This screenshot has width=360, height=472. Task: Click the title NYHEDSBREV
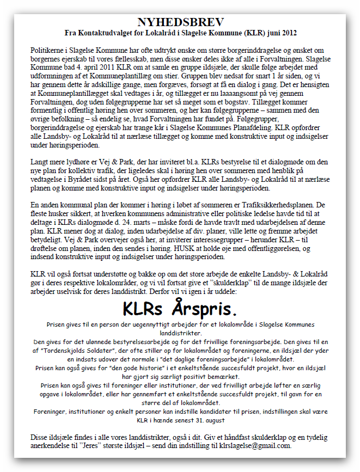point(180,22)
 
